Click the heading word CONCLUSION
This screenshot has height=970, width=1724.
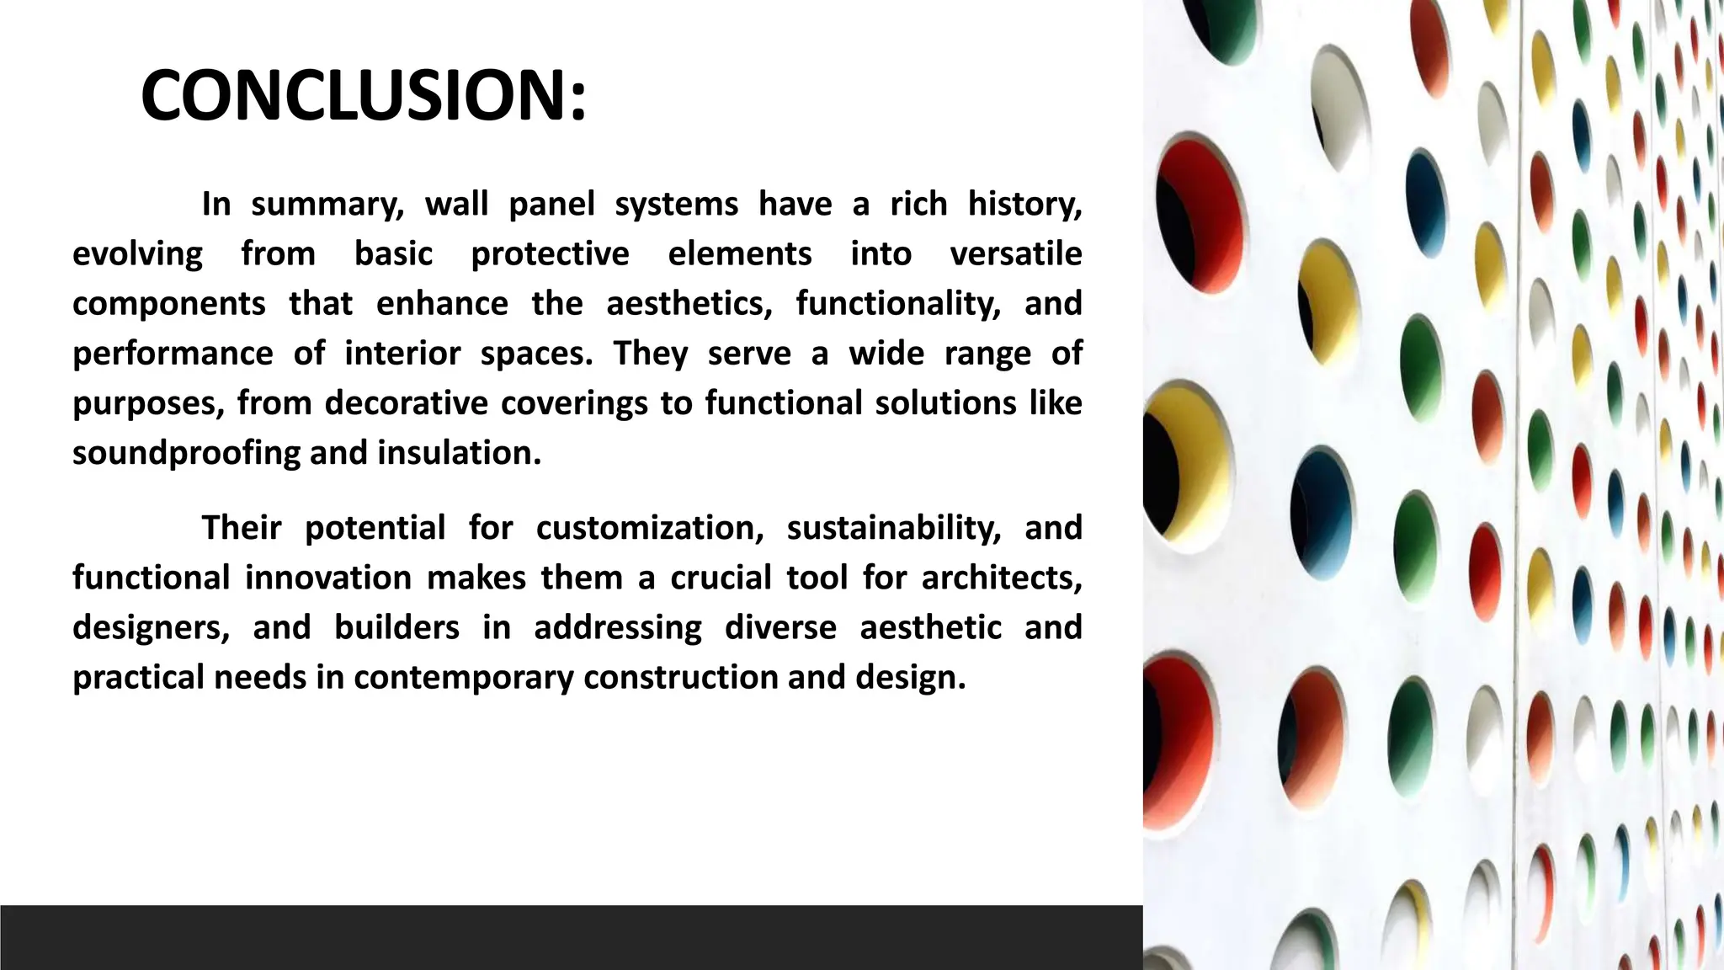(x=362, y=95)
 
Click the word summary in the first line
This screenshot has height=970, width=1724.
(x=327, y=204)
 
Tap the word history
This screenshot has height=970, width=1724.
(x=1024, y=204)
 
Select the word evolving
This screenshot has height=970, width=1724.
(x=137, y=253)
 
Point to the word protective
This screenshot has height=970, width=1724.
(x=550, y=253)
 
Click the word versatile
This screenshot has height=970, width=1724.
(x=1015, y=253)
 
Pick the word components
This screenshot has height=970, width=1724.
(x=168, y=303)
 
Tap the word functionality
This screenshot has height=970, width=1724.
(x=898, y=303)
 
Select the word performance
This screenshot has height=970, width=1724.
(x=173, y=353)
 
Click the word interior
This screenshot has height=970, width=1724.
(x=402, y=353)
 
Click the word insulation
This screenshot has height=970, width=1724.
(x=459, y=453)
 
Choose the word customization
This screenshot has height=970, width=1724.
(x=650, y=528)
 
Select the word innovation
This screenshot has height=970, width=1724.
(x=327, y=578)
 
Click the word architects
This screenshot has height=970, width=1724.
(x=1002, y=578)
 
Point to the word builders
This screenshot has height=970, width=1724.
(x=396, y=627)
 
